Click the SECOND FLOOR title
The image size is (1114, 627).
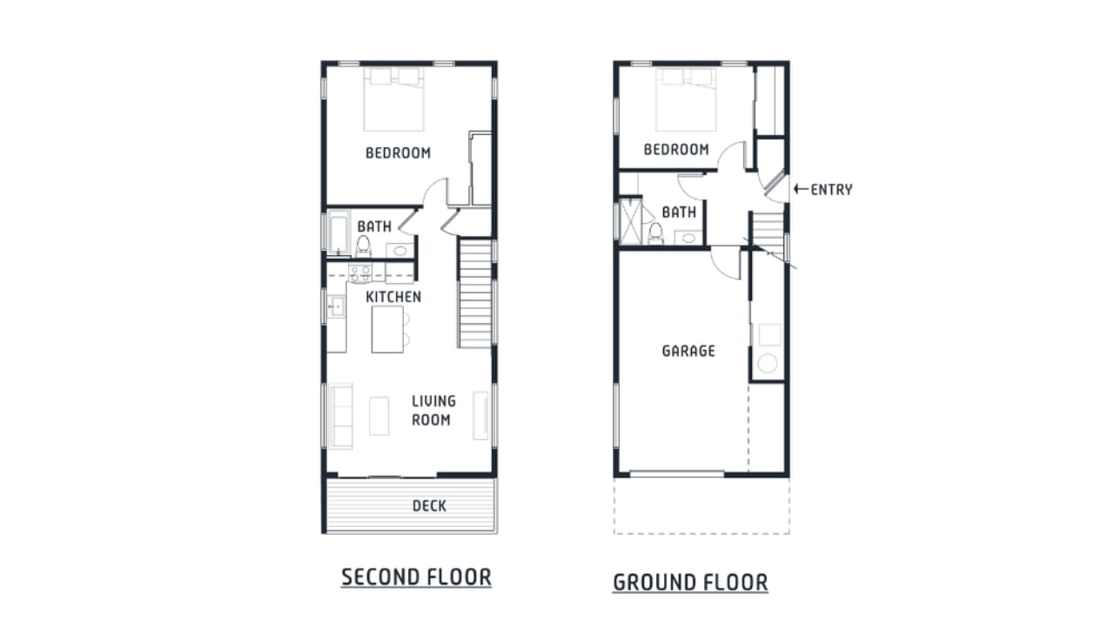(x=416, y=576)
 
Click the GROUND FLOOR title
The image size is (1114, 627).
(x=690, y=582)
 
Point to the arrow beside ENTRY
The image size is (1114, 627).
(x=801, y=188)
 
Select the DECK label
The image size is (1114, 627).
(x=429, y=506)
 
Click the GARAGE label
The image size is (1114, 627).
(x=688, y=351)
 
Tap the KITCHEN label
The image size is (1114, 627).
(x=393, y=297)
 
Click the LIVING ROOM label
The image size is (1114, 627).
(x=433, y=410)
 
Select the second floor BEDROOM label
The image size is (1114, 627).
(x=398, y=153)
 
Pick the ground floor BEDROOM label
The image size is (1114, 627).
(x=676, y=150)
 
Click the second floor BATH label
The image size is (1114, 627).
(x=374, y=227)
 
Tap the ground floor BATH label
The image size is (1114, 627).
(x=679, y=212)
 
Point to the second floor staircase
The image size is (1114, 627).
(x=475, y=294)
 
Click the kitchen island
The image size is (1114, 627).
(x=387, y=329)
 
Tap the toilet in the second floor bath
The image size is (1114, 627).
(x=363, y=246)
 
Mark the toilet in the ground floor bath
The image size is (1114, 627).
(x=656, y=233)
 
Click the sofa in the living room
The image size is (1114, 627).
(x=339, y=415)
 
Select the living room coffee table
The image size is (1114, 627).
(x=379, y=415)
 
